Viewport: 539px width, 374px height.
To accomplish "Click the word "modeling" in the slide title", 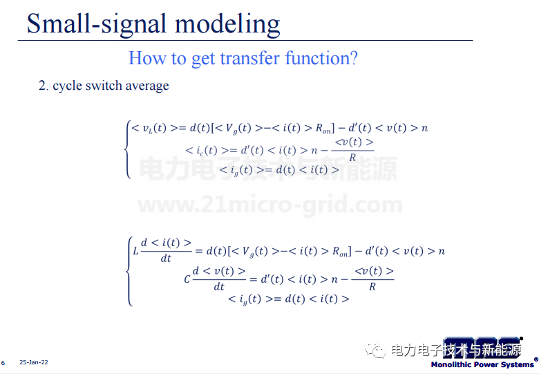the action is pyautogui.click(x=227, y=24).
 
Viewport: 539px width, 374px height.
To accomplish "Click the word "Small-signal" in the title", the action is pyautogui.click(x=97, y=24).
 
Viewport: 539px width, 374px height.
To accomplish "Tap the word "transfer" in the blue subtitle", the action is pyautogui.click(x=249, y=58).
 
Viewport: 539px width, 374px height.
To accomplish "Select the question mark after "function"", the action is pyautogui.click(x=354, y=58).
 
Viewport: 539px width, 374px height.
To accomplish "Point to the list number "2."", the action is pyautogui.click(x=44, y=86).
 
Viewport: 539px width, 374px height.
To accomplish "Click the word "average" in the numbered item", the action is pyautogui.click(x=147, y=86).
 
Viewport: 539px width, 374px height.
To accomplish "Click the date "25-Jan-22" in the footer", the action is pyautogui.click(x=34, y=362).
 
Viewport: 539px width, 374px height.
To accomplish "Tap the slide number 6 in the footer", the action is pyautogui.click(x=3, y=363).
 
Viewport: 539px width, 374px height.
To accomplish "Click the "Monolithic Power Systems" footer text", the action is pyautogui.click(x=482, y=364).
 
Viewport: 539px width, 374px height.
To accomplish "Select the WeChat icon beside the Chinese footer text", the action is pyautogui.click(x=375, y=350).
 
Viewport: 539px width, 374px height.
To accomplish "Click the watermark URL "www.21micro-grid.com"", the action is pyautogui.click(x=269, y=205).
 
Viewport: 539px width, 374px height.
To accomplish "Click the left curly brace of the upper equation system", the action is pyautogui.click(x=128, y=149).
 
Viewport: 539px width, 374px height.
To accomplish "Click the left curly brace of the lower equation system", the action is pyautogui.click(x=129, y=271).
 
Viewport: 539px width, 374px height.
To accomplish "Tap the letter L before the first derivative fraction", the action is pyautogui.click(x=135, y=251).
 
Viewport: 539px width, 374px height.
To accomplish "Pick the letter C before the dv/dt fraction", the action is pyautogui.click(x=187, y=279).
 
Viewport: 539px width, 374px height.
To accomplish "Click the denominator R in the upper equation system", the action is pyautogui.click(x=352, y=158).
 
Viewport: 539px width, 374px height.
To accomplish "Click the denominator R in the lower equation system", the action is pyautogui.click(x=372, y=287).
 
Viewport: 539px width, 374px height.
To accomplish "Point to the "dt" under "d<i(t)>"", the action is pyautogui.click(x=166, y=259).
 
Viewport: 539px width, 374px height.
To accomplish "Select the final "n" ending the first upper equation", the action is pyautogui.click(x=424, y=128).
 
